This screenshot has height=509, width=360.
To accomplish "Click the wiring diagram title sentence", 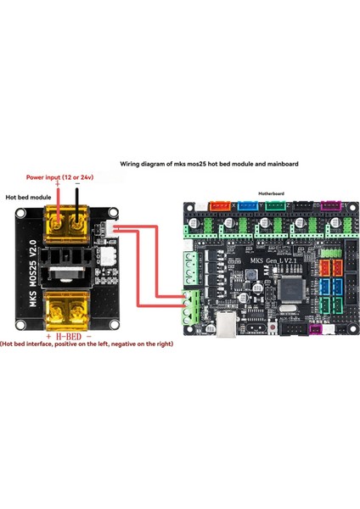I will pyautogui.click(x=209, y=163).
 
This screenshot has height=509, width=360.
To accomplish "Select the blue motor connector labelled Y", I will pyautogui.click(x=248, y=206).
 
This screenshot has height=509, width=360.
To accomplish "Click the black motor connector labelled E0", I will pyautogui.click(x=303, y=206).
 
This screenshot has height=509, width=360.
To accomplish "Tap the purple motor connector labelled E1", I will pyautogui.click(x=329, y=206).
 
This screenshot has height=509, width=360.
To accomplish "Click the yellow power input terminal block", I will pyautogui.click(x=65, y=224).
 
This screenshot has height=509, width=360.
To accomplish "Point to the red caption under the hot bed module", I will pyautogui.click(x=87, y=344).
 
